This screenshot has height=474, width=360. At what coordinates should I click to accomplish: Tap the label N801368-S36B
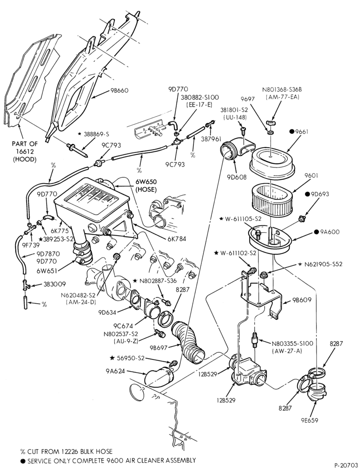pos(282,89)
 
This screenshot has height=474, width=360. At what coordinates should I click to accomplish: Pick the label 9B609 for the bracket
pos(302,300)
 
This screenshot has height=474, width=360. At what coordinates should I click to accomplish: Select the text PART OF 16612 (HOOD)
pos(24,151)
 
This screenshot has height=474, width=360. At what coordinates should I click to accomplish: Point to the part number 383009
pos(54,284)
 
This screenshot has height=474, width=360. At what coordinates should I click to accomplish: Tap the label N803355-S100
pos(292,344)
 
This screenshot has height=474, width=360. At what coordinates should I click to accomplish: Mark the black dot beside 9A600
pos(317,232)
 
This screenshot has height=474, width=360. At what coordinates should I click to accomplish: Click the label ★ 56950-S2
pos(127,358)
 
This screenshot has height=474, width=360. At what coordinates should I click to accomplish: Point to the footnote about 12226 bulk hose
pos(66,451)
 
